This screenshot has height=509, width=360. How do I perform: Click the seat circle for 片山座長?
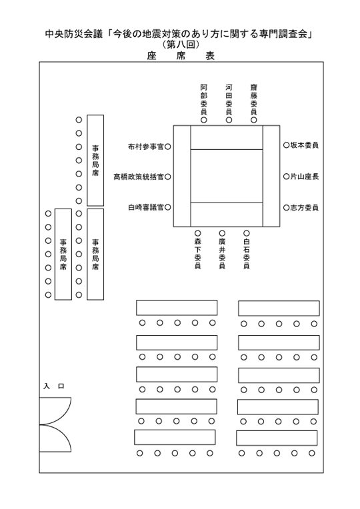point(286,177)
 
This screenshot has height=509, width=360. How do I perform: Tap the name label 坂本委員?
point(304,145)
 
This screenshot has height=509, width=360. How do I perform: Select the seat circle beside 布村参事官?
point(167,147)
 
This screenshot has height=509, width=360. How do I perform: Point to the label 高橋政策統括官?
point(139,177)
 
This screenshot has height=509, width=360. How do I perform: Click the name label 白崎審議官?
point(146,207)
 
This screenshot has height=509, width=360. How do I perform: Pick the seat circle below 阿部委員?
point(204,120)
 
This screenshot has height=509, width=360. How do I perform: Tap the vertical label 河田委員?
point(229,99)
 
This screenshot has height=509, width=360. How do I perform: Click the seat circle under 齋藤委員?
point(254,120)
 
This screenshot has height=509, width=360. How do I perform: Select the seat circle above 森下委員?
point(197,233)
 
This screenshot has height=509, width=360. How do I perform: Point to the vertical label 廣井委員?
point(222,254)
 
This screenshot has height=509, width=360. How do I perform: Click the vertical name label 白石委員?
point(247,254)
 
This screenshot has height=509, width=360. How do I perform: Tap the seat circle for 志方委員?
point(286,207)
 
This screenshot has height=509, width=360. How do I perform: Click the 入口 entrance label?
point(54,386)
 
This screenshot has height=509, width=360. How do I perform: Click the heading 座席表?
point(181,56)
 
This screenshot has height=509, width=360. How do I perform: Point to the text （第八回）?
point(181,44)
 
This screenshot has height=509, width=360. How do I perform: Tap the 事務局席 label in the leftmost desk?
point(63,254)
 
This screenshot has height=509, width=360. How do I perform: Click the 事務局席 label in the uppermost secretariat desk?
point(95,161)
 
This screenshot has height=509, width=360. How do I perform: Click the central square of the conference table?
point(227,176)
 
